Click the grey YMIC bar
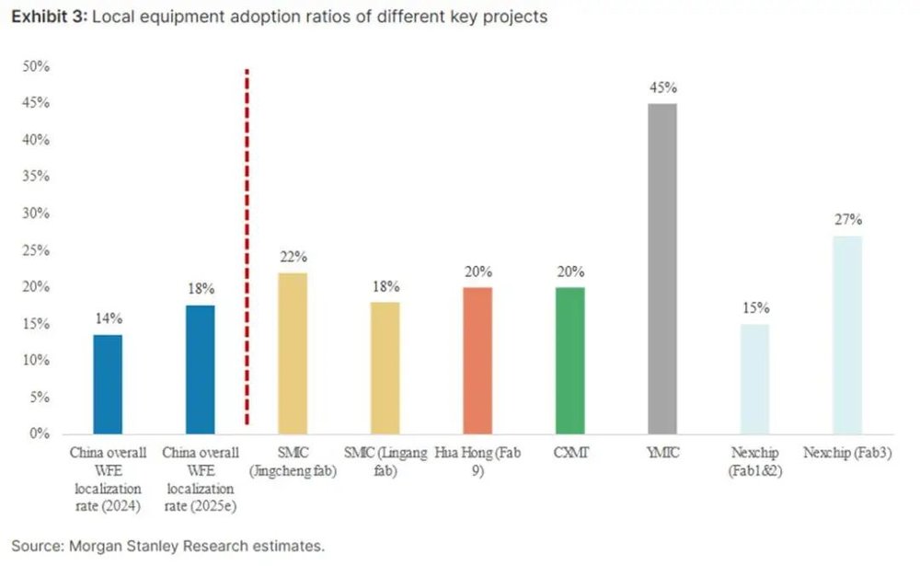click(x=661, y=268)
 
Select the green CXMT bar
click(x=569, y=360)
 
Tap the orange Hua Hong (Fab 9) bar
click(x=477, y=360)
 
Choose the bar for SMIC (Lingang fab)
click(x=385, y=367)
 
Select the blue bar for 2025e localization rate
click(x=201, y=369)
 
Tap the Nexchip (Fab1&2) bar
click(x=754, y=378)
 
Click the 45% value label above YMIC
click(x=662, y=88)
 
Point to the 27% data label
click(x=847, y=220)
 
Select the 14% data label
click(x=108, y=318)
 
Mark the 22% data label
click(x=293, y=257)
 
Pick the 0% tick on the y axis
click(x=39, y=433)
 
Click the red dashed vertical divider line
click(x=247, y=248)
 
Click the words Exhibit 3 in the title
click(x=45, y=17)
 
